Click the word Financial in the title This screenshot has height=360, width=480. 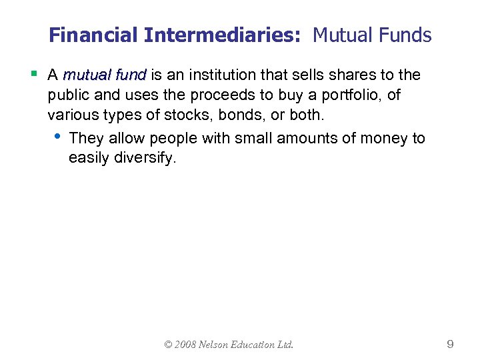(94, 35)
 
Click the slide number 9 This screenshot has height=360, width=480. (450, 345)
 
